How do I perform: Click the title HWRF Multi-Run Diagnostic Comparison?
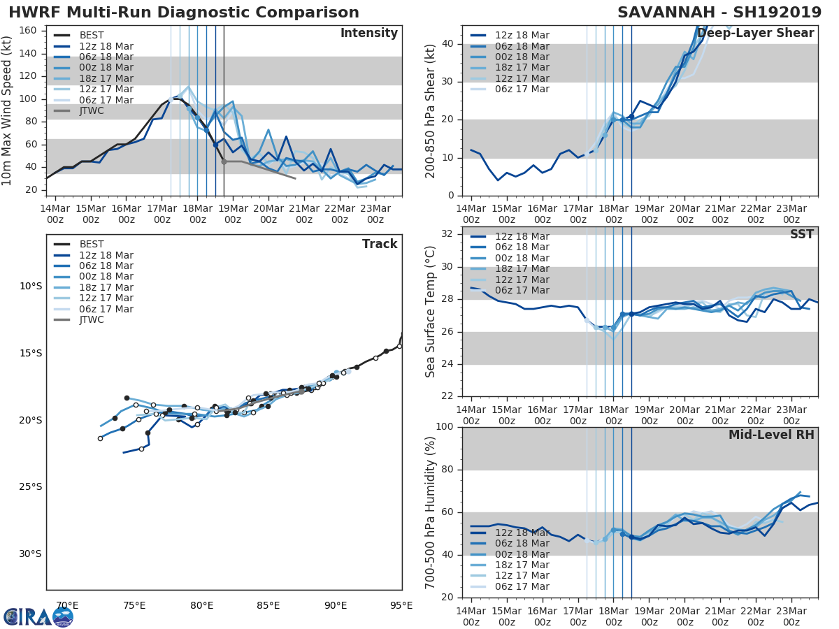tap(184, 13)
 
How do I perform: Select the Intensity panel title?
tap(369, 34)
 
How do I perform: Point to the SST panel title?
tap(802, 235)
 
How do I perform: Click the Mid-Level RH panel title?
tap(771, 435)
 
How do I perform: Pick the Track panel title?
tap(380, 245)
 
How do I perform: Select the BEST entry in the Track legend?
tap(92, 245)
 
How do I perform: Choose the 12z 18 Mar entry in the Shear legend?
tap(522, 36)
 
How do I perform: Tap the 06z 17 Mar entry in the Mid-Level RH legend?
tap(522, 587)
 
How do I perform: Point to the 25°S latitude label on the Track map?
tap(30, 487)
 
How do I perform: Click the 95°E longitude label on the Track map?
tap(401, 606)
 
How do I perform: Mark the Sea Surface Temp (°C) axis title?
tap(431, 310)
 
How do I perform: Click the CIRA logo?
tap(38, 616)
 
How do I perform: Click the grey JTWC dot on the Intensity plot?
tap(224, 161)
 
